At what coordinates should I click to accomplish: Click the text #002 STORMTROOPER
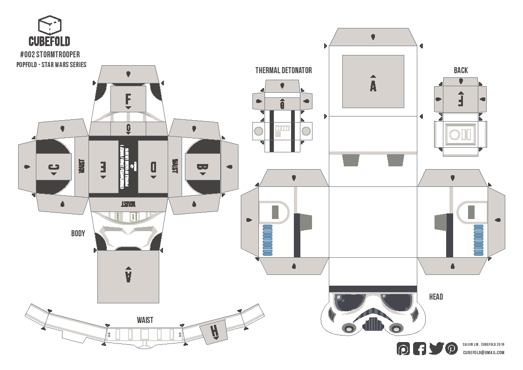(50, 55)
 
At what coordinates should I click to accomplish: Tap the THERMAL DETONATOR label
(283, 70)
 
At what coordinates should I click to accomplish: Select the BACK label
(461, 70)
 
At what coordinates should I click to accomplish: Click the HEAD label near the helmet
(436, 297)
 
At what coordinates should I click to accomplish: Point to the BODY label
(78, 233)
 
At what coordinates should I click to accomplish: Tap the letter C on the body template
(54, 168)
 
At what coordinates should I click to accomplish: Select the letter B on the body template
(202, 168)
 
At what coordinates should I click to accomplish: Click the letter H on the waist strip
(214, 332)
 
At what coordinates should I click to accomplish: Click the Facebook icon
(420, 348)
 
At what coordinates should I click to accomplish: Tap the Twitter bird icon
(436, 348)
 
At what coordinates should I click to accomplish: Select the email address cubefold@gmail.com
(483, 353)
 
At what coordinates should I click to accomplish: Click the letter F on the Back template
(461, 100)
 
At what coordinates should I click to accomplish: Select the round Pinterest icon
(451, 348)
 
